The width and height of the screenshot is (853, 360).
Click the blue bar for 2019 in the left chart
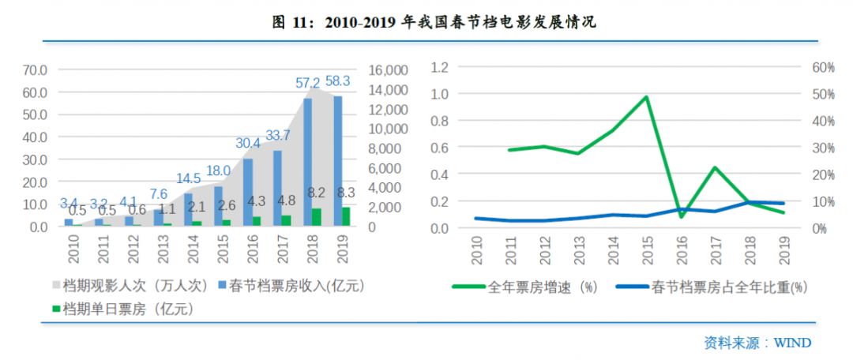pyautogui.click(x=338, y=161)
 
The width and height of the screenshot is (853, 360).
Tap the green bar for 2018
pyautogui.click(x=316, y=217)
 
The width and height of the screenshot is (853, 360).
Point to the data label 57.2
pyautogui.click(x=307, y=83)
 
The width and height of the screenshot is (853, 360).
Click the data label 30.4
pyautogui.click(x=247, y=143)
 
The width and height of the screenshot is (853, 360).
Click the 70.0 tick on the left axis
pyautogui.click(x=35, y=69)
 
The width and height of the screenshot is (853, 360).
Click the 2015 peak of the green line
pyautogui.click(x=646, y=97)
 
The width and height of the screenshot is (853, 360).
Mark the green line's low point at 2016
pyautogui.click(x=681, y=216)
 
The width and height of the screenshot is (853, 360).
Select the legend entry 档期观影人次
pyautogui.click(x=136, y=284)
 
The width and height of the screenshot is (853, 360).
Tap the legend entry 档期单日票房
pyautogui.click(x=126, y=309)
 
